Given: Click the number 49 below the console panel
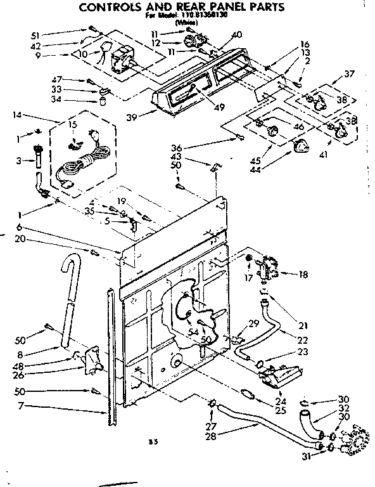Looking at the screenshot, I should tap(220, 107).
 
